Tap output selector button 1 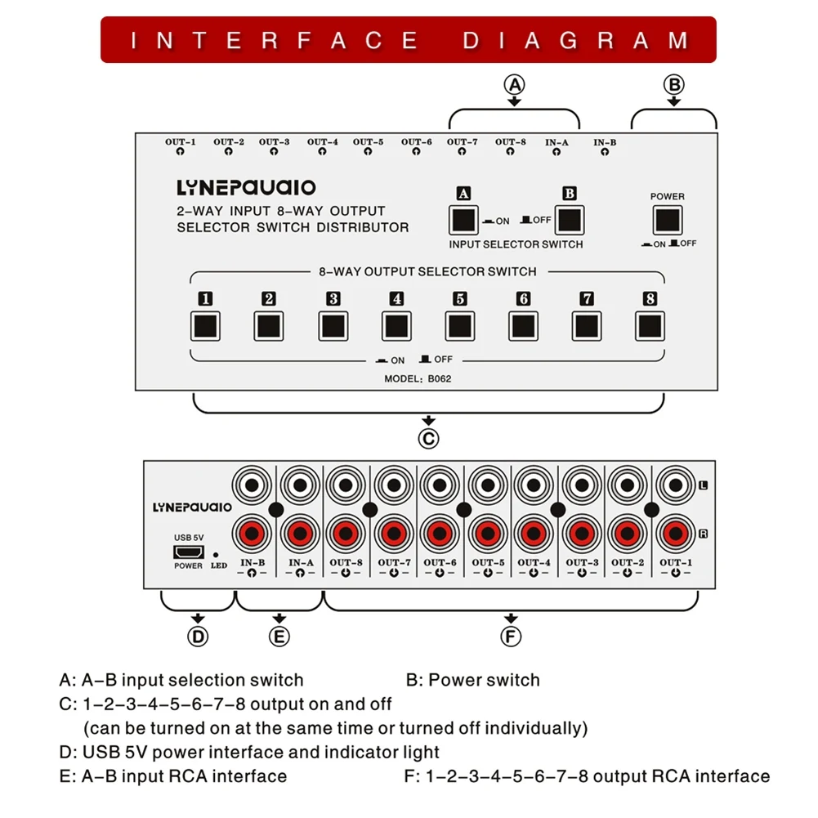205,325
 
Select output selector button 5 459,325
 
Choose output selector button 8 650,325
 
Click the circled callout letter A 514,84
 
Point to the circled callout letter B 673,84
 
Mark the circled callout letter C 429,439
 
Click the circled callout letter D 199,636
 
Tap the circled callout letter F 512,636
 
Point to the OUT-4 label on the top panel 323,142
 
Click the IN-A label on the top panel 557,142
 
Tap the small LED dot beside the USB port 215,553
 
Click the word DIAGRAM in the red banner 575,40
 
